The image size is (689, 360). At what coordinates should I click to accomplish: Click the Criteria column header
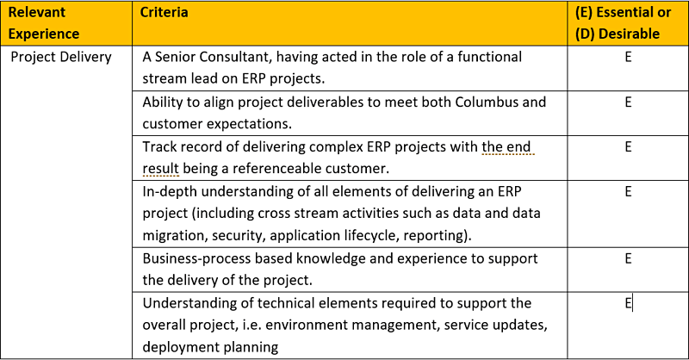tap(164, 12)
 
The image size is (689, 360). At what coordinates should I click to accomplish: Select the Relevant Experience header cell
tap(44, 23)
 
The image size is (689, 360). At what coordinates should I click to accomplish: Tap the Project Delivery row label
tap(61, 57)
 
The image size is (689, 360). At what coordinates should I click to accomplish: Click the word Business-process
tap(196, 258)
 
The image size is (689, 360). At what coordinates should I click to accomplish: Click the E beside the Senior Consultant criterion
tap(628, 57)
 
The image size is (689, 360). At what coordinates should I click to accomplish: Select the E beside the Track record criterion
tap(628, 146)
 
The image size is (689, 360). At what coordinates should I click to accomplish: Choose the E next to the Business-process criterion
tap(628, 258)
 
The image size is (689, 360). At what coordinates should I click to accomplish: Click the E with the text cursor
tap(628, 303)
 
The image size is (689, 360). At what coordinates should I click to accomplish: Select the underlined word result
tap(160, 168)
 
